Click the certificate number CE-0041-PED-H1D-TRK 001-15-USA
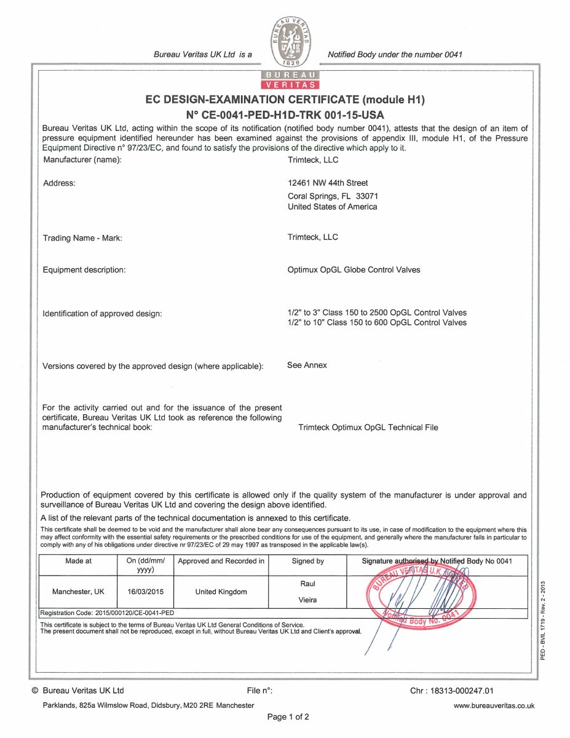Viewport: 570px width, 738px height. [x=285, y=114]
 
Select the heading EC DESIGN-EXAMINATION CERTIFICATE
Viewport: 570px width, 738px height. [x=285, y=100]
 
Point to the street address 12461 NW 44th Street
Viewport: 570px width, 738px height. [x=328, y=183]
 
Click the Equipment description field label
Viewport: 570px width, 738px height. [x=84, y=270]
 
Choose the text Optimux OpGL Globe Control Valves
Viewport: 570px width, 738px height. [x=354, y=270]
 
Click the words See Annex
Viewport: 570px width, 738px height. [x=307, y=365]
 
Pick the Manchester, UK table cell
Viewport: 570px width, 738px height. [x=78, y=592]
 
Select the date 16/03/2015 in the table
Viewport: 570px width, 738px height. [x=145, y=592]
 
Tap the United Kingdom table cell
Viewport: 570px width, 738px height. [x=221, y=592]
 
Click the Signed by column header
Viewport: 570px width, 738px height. [x=307, y=561]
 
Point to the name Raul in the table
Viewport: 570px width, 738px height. [x=307, y=584]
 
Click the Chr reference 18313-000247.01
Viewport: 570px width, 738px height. [x=452, y=691]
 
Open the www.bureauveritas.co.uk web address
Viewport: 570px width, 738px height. [x=494, y=706]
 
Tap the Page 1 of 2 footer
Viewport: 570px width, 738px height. [x=288, y=717]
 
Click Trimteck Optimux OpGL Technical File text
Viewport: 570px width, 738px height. [x=368, y=427]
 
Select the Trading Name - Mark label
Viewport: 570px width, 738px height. [x=86, y=238]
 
